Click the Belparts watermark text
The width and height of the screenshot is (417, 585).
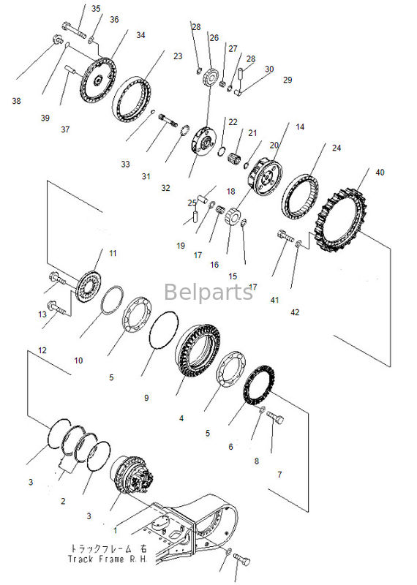click(x=209, y=292)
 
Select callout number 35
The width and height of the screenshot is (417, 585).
click(x=97, y=9)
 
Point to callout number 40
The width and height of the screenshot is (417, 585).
click(x=379, y=173)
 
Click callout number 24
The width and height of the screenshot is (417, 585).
click(x=336, y=148)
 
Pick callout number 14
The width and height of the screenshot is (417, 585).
click(x=298, y=127)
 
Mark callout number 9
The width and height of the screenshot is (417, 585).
click(x=146, y=398)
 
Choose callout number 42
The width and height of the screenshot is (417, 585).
click(x=295, y=312)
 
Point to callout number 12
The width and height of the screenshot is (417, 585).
click(x=42, y=351)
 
